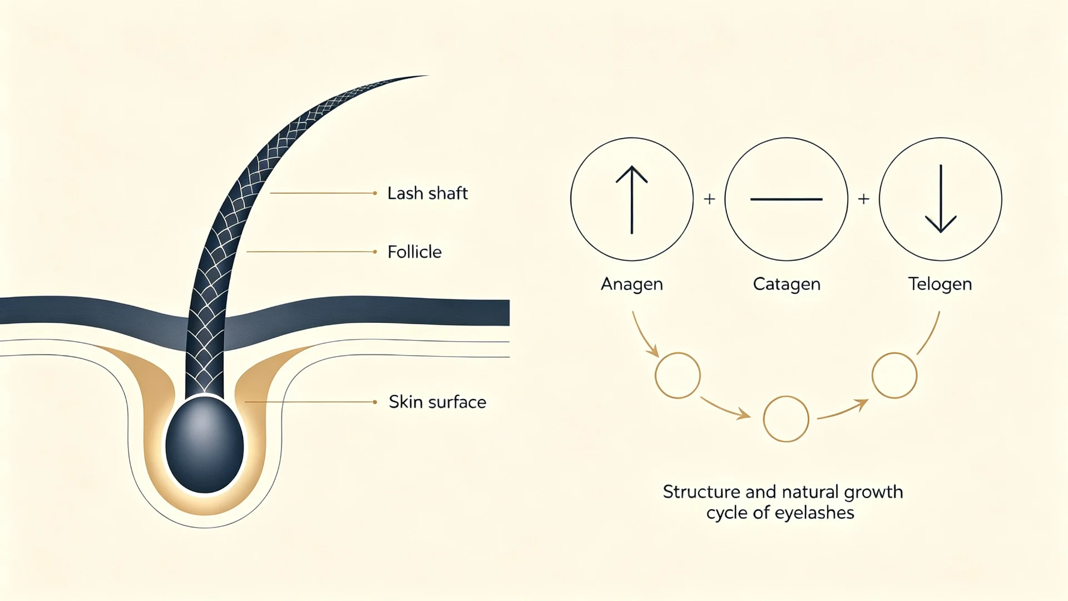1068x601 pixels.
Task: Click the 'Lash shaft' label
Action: (x=427, y=193)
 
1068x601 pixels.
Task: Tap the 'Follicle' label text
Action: (x=414, y=252)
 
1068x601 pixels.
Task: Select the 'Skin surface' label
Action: (x=437, y=402)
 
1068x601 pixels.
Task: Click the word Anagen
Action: (x=632, y=284)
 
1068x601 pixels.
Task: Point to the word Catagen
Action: (x=787, y=284)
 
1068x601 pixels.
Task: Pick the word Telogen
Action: (x=940, y=284)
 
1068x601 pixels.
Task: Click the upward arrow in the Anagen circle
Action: (x=632, y=200)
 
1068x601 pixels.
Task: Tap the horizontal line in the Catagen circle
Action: (x=786, y=199)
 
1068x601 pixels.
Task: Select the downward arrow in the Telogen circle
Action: (x=941, y=199)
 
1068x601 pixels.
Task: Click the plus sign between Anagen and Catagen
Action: (x=709, y=199)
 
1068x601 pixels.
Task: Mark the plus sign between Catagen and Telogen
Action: (x=863, y=199)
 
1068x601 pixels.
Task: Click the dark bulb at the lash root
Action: (x=205, y=444)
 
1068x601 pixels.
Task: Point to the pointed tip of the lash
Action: (x=427, y=76)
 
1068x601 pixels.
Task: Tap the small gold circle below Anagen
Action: (x=678, y=375)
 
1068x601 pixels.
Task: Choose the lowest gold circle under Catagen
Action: (x=786, y=419)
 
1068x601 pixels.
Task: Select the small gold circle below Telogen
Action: (x=894, y=375)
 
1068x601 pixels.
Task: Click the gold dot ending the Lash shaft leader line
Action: (x=375, y=193)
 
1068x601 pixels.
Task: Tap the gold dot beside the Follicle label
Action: (x=375, y=252)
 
